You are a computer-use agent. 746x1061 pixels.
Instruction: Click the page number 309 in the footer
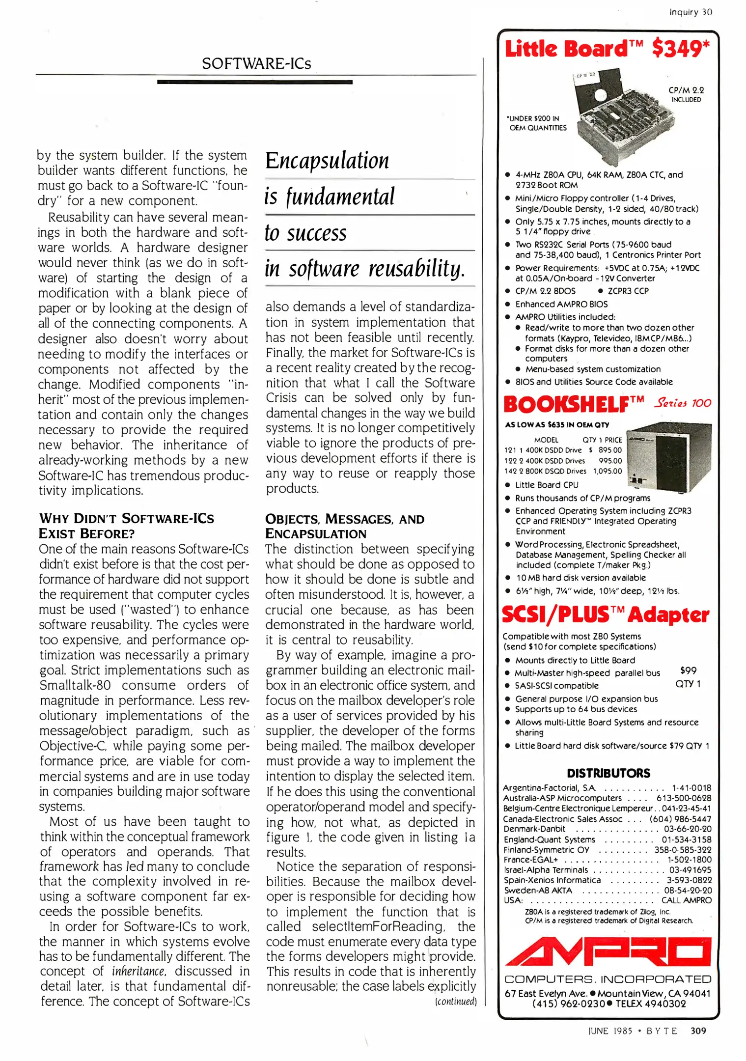point(698,1031)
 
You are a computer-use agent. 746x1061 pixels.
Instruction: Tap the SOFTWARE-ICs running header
point(256,63)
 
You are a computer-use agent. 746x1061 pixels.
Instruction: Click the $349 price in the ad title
point(681,49)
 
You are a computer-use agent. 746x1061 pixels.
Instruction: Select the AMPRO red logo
point(608,951)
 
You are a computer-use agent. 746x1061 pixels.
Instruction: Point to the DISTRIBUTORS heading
point(608,773)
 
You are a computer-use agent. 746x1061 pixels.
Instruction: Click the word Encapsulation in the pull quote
point(327,161)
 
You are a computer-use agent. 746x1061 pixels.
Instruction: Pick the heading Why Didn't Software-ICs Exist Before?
point(126,526)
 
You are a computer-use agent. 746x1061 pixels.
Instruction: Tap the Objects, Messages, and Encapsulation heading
point(344,526)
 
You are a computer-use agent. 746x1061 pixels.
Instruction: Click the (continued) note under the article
point(456,1001)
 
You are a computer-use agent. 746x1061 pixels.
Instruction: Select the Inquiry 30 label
point(691,12)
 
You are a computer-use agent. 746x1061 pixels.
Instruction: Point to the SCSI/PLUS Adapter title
point(605,614)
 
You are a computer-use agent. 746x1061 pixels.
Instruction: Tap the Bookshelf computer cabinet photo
point(670,457)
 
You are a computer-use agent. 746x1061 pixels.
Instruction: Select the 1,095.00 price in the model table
point(608,471)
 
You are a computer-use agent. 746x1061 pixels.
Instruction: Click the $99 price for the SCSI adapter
point(688,670)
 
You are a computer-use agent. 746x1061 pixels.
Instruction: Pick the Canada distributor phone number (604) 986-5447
point(680,819)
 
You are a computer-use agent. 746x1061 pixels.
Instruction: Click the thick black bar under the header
point(254,82)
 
